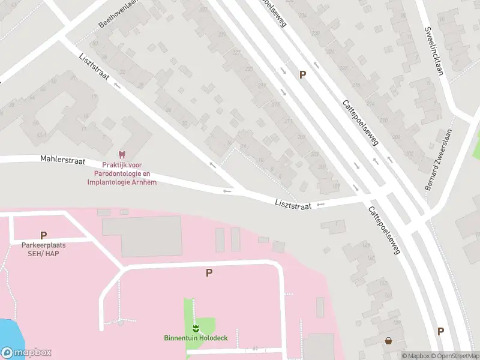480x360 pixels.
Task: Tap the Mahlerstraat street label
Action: (63, 161)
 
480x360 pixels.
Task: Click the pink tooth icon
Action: (123, 154)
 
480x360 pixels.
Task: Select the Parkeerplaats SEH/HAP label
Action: (43, 249)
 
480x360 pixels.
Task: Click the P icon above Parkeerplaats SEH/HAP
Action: (43, 235)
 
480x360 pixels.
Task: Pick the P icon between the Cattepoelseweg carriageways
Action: (303, 74)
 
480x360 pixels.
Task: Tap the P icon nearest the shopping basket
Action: (441, 331)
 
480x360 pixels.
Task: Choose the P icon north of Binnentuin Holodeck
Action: (209, 272)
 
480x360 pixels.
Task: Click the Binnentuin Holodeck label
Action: (196, 338)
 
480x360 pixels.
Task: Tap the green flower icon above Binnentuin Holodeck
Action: (196, 328)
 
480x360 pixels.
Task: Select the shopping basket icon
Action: (388, 341)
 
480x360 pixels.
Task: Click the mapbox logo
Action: (26, 353)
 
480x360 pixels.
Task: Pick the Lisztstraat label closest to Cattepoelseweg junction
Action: (293, 205)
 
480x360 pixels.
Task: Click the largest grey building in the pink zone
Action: (142, 236)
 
